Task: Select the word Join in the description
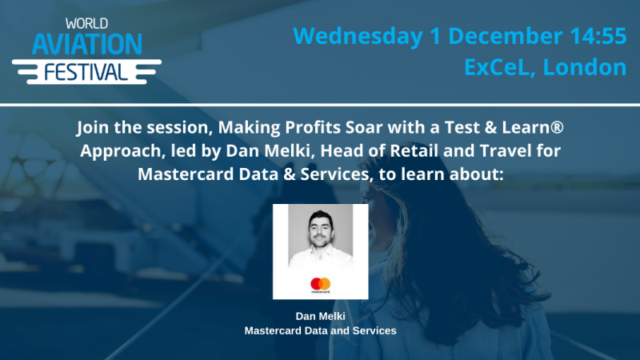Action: pyautogui.click(x=93, y=128)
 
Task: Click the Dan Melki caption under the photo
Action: pyautogui.click(x=320, y=316)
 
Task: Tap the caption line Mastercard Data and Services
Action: pyautogui.click(x=320, y=330)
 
